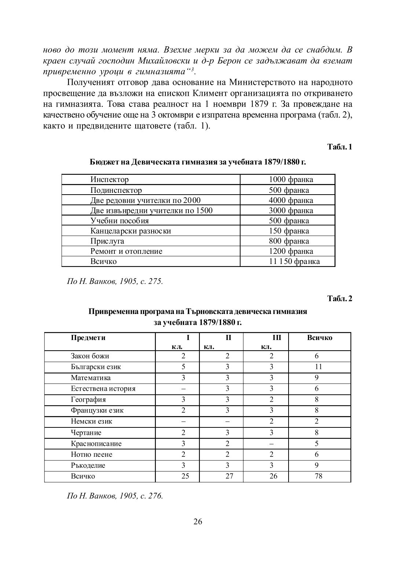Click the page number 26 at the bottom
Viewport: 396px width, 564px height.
198,522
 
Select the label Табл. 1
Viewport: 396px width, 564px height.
340,147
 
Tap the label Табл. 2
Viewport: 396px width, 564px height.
340,299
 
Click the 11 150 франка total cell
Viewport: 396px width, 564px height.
294,261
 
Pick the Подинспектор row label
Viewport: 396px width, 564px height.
116,190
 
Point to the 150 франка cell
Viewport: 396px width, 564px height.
289,231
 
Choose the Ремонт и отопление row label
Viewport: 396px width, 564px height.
126,252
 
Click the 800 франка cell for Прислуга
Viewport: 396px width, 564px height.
289,241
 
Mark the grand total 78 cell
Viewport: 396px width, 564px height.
318,476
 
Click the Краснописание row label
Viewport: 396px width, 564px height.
96,444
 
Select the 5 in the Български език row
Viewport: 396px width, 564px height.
183,367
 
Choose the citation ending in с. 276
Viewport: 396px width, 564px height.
115,496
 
